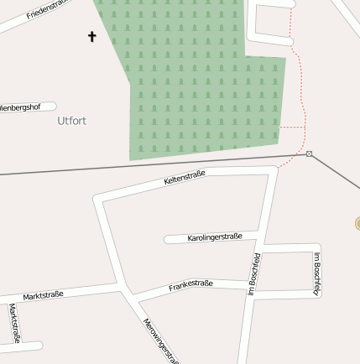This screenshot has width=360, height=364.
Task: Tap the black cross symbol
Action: [91, 36]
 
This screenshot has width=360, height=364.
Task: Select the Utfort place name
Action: [72, 121]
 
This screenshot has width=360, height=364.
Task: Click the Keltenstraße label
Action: [185, 177]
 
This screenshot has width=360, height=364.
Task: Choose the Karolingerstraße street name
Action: [215, 237]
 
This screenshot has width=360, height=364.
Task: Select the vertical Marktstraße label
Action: [13, 322]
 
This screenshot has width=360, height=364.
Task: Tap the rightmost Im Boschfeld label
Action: [316, 273]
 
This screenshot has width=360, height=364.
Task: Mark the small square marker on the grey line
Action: [310, 153]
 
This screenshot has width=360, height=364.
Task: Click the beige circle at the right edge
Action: [357, 223]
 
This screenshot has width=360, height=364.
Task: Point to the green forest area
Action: [201, 84]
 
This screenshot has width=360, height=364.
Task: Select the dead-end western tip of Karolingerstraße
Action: [168, 240]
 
